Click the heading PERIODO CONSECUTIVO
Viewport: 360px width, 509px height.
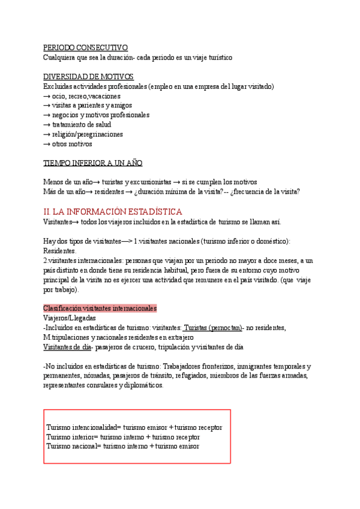pyautogui.click(x=85, y=48)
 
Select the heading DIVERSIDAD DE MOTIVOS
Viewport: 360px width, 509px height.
pyautogui.click(x=88, y=77)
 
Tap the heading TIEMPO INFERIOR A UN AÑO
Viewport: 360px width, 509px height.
pyautogui.click(x=93, y=163)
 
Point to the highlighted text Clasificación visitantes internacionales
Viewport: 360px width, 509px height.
pyautogui.click(x=100, y=309)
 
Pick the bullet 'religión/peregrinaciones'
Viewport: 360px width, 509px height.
pyautogui.click(x=87, y=134)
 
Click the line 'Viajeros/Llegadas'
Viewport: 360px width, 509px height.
pyautogui.click(x=70, y=318)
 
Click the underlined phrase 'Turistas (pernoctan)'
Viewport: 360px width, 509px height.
pyautogui.click(x=213, y=328)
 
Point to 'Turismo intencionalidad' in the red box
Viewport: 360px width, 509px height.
pyautogui.click(x=83, y=427)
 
